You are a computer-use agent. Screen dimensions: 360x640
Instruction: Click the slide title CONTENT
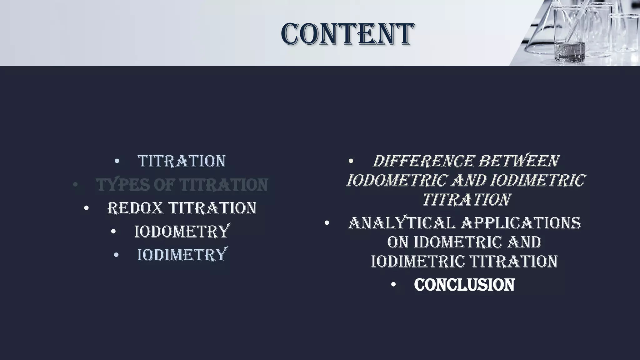pos(347,34)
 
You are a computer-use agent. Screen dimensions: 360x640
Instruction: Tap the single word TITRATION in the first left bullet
pos(182,161)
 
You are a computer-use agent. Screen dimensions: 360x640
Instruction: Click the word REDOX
pos(135,208)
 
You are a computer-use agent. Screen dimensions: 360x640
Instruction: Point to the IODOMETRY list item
pos(182,232)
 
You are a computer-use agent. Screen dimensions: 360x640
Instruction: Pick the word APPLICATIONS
pos(521,223)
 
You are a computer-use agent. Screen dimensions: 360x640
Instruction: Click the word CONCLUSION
pos(464,285)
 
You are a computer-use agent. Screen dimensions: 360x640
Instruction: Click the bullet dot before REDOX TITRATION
pos(87,208)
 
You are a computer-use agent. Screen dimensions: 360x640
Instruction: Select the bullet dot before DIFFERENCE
pos(351,161)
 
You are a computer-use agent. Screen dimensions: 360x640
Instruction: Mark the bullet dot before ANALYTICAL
pos(327,223)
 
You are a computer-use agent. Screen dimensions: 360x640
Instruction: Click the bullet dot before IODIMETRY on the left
pos(116,255)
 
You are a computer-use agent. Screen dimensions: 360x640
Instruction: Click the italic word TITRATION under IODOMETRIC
pos(466,199)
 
